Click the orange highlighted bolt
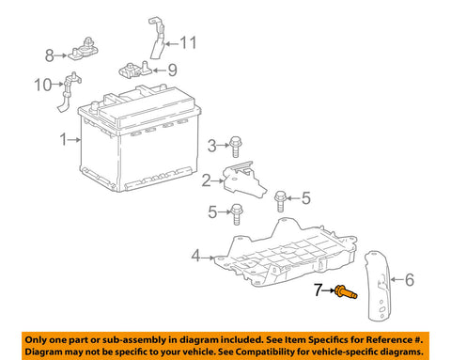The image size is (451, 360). click(346, 291)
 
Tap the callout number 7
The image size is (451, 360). click(319, 290)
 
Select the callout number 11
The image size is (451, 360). click(188, 42)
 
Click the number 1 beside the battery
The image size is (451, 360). click(64, 139)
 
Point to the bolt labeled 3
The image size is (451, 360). click(235, 147)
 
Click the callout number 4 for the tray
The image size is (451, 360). click(195, 256)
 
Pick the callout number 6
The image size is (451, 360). click(410, 280)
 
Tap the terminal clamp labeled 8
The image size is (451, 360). click(84, 50)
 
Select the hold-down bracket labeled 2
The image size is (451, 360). click(244, 180)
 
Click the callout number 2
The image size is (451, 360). click(206, 180)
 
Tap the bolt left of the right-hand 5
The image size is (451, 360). click(280, 201)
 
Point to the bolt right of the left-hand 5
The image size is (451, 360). click(237, 214)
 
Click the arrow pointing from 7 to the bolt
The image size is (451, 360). click(329, 290)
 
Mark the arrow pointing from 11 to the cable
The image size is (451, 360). click(172, 44)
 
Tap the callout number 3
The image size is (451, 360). click(212, 146)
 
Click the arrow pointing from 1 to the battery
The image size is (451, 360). click(74, 140)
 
